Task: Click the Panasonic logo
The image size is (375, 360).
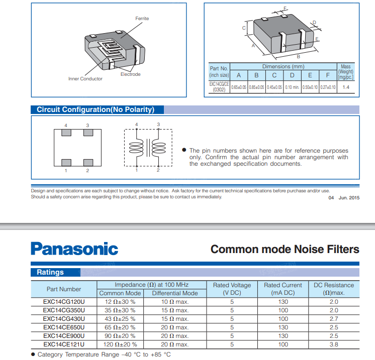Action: (x=74, y=249)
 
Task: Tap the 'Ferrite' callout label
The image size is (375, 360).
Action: (x=142, y=19)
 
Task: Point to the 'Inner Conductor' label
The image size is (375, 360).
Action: (x=85, y=79)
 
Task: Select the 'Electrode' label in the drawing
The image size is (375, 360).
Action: (x=131, y=74)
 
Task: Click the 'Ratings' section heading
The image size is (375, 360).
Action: (x=50, y=272)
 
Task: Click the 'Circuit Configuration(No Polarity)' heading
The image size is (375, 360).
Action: (x=96, y=109)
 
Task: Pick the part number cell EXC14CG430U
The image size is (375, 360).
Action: (x=64, y=319)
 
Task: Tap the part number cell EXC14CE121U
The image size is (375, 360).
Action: (x=64, y=344)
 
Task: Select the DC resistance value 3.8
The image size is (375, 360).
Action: (x=334, y=344)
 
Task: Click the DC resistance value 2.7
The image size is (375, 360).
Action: (x=334, y=319)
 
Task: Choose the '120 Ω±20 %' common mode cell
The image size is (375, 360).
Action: (x=121, y=344)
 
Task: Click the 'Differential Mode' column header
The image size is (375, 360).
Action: (x=175, y=293)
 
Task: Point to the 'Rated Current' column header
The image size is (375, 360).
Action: (x=283, y=285)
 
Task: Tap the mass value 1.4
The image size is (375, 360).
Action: (x=346, y=87)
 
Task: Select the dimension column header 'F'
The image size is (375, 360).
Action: (x=328, y=75)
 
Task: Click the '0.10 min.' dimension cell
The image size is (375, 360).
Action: (x=292, y=87)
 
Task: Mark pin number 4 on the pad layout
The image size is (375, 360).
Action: (x=66, y=125)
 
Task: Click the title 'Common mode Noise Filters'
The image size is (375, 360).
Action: (x=285, y=249)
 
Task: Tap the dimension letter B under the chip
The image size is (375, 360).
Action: (x=298, y=56)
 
